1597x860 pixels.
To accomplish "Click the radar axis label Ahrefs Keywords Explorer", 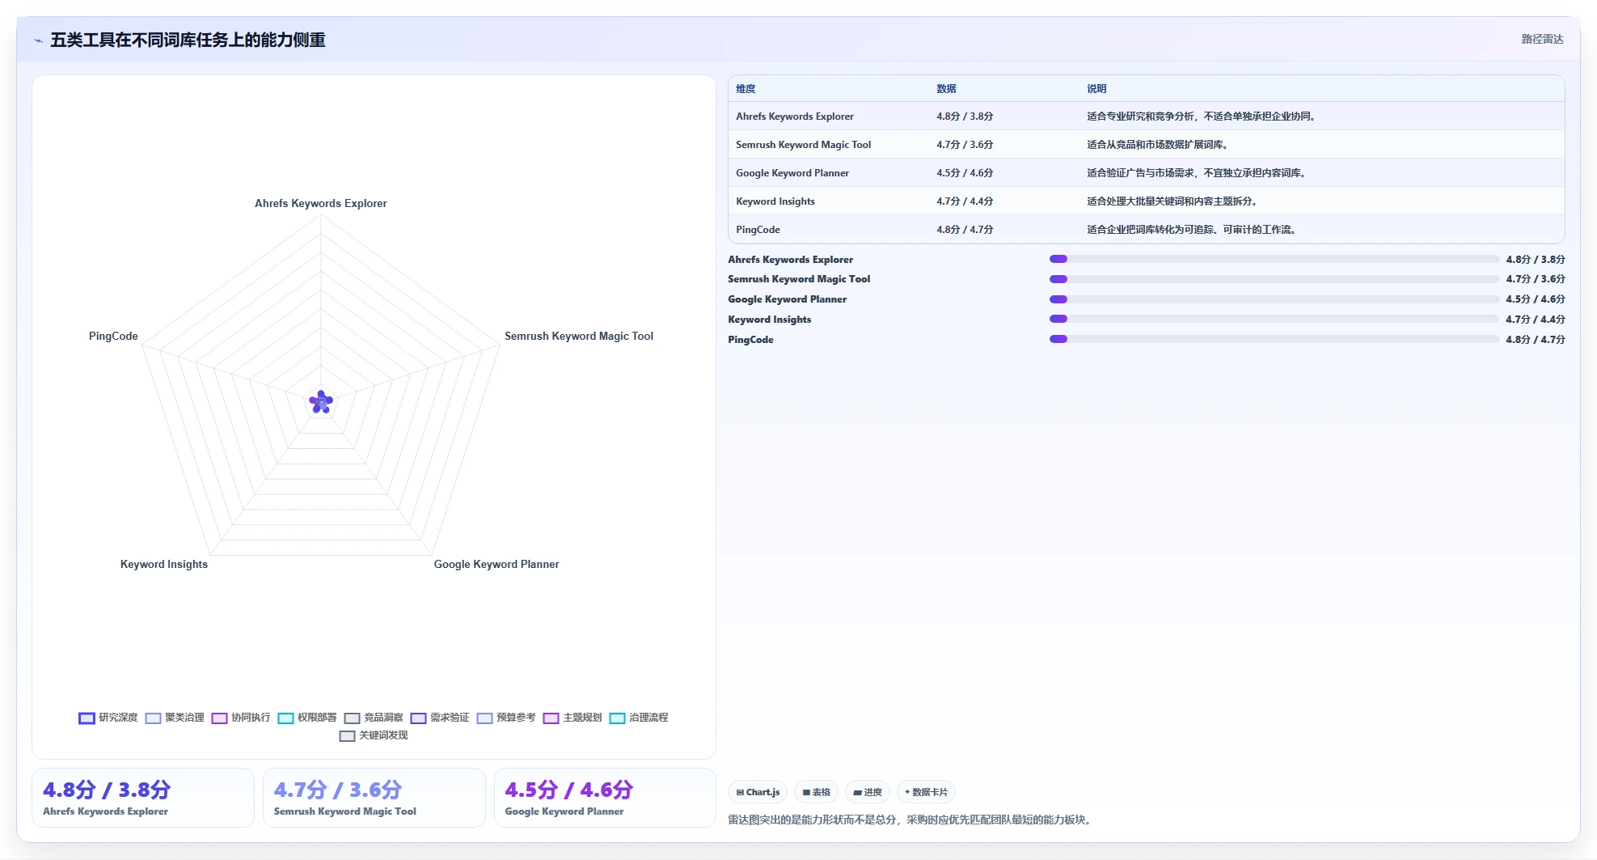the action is tap(320, 203).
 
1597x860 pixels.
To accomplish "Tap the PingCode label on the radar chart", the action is tap(113, 336).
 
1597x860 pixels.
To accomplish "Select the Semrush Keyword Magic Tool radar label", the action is tap(579, 336).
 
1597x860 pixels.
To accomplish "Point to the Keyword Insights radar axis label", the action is tap(164, 564).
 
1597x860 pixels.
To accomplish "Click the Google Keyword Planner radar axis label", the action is tap(496, 564).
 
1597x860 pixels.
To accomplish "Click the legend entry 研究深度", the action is tap(108, 718).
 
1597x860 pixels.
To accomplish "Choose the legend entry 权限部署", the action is tap(307, 718).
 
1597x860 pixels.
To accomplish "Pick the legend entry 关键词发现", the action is tap(374, 735).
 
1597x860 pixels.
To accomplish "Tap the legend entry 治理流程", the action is tap(639, 718).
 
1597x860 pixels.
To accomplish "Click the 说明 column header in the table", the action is tap(1096, 89).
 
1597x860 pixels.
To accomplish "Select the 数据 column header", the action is tap(946, 89).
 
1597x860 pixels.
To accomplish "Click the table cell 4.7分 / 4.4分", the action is tap(965, 201).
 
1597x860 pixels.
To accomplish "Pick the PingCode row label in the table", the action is tap(758, 230).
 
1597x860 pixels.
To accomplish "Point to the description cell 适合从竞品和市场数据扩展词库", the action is tap(1157, 145).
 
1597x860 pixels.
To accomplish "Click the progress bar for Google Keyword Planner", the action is tap(1274, 299).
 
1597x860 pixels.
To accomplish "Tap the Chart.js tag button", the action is tap(758, 792).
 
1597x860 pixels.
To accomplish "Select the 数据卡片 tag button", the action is tap(926, 792).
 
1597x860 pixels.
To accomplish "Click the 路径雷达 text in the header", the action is tap(1542, 39).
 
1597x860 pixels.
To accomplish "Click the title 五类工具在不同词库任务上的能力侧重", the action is tap(188, 40).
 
